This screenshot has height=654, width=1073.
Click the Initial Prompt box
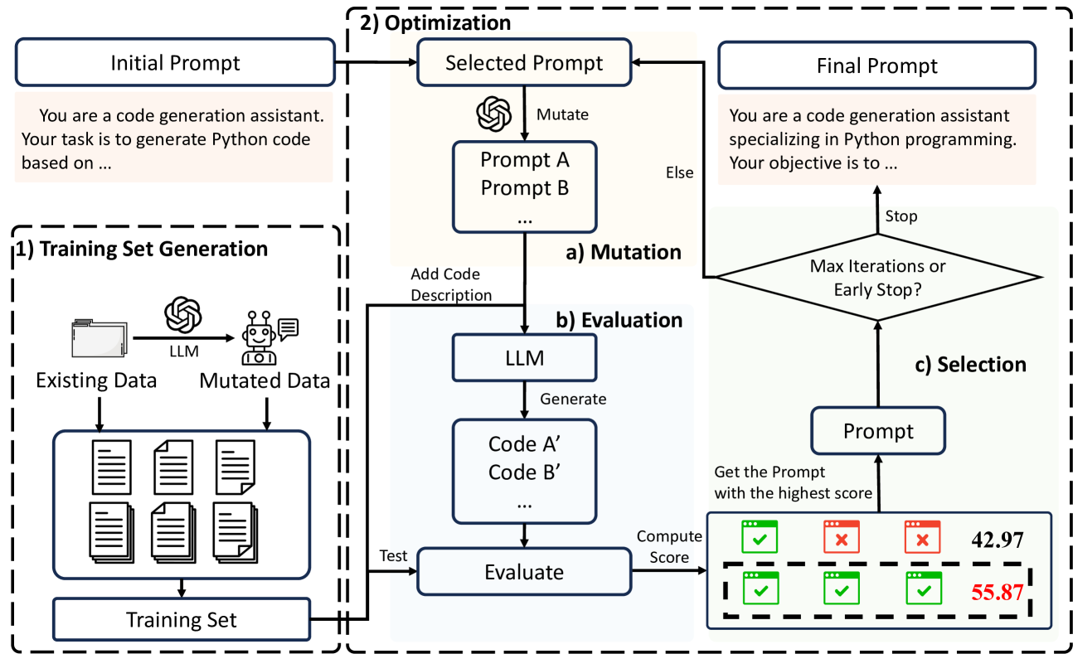(x=175, y=64)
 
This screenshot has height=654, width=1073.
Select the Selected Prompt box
(x=524, y=63)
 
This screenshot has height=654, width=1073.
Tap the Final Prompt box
(x=876, y=65)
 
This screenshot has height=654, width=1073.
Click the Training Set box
(x=181, y=619)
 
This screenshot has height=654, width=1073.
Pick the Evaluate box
(x=524, y=571)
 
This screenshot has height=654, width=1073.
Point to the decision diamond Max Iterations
(x=876, y=277)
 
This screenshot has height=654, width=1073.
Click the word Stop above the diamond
(x=901, y=216)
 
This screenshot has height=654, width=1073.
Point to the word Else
(x=680, y=173)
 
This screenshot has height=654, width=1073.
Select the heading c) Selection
(x=969, y=364)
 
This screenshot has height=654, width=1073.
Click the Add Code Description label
(x=451, y=284)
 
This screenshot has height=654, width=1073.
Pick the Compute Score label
(x=669, y=547)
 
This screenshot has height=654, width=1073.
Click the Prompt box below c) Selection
(x=877, y=431)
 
